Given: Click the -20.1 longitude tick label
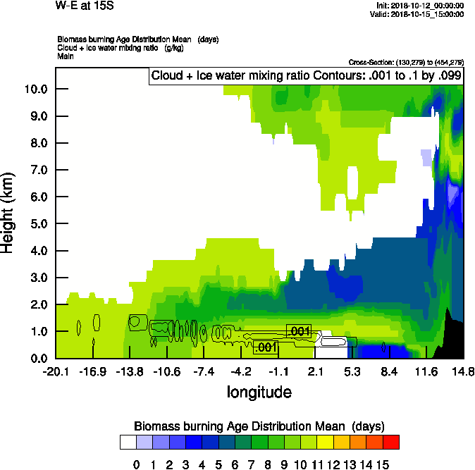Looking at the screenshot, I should coord(55,371).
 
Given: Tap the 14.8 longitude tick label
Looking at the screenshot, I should coord(463,371).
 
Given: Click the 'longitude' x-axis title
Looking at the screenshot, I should coord(259,391).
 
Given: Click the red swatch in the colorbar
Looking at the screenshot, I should coord(391,443).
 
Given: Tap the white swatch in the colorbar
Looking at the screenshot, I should coord(128,443).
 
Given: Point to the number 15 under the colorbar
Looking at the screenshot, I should coord(382,465).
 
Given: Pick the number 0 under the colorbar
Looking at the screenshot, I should coord(137,465).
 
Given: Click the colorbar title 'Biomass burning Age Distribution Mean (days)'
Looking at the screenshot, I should coord(259,426).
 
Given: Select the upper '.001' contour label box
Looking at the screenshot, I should coord(299,331).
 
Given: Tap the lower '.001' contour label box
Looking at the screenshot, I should coord(265,347).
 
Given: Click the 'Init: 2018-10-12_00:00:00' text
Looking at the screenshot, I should coord(420,6).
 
